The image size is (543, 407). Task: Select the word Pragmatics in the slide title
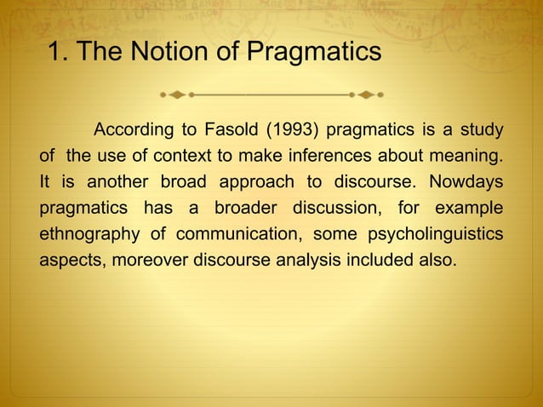tap(313, 53)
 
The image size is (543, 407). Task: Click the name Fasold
tap(232, 130)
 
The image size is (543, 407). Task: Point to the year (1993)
tap(294, 130)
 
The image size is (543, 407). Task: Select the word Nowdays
tap(466, 182)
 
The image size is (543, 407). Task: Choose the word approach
tap(254, 182)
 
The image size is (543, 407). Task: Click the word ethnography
tap(91, 234)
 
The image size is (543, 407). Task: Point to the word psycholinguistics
tap(443, 234)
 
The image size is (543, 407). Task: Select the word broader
tap(241, 208)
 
